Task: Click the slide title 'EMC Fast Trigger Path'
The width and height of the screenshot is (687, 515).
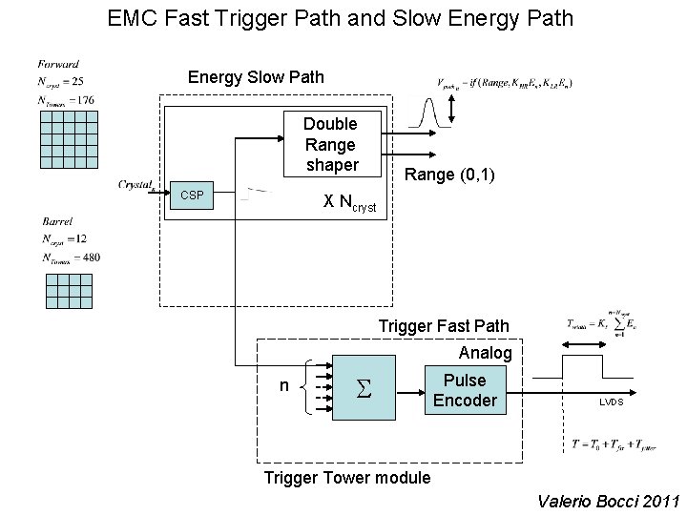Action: pyautogui.click(x=341, y=17)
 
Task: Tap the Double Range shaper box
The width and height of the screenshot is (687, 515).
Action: pyautogui.click(x=330, y=145)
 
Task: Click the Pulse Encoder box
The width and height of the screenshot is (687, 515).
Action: pyautogui.click(x=465, y=390)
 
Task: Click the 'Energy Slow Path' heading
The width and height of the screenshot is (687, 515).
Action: pyautogui.click(x=256, y=76)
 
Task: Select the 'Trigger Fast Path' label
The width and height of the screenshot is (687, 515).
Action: pyautogui.click(x=444, y=326)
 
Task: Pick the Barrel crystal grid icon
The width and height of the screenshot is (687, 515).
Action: pyautogui.click(x=70, y=290)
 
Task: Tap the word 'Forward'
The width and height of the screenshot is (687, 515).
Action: pyautogui.click(x=59, y=63)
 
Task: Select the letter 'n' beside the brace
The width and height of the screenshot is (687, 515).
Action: pyautogui.click(x=283, y=385)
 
